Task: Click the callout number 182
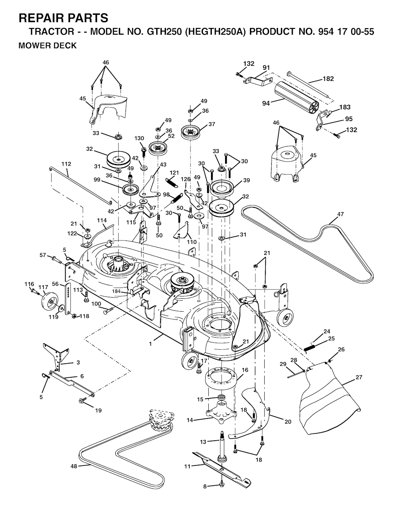(328, 79)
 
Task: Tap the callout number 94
(266, 103)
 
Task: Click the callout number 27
(359, 377)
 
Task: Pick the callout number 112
(66, 164)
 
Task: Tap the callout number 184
(116, 291)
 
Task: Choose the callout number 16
(245, 370)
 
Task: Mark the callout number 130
(139, 138)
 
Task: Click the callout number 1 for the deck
(150, 344)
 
